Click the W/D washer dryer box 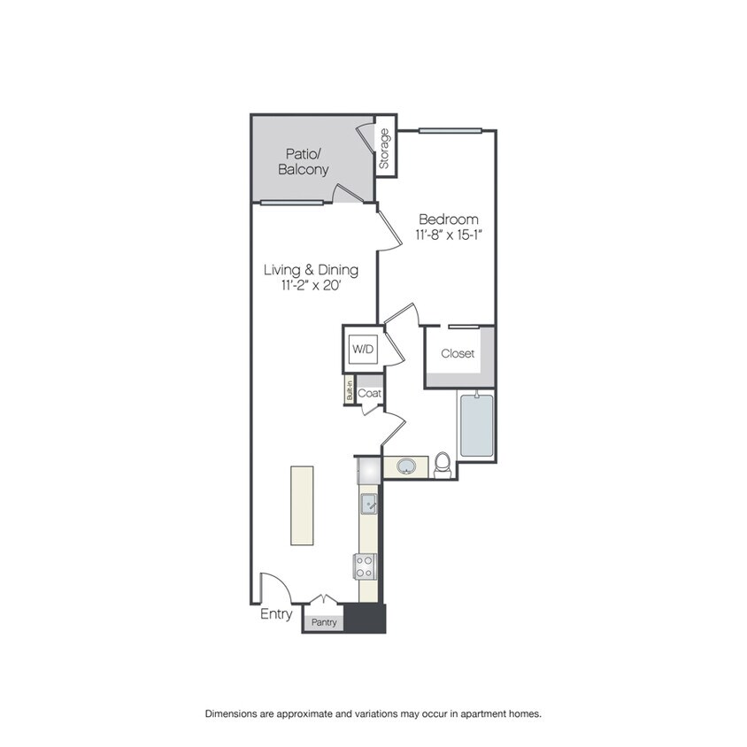point(363,350)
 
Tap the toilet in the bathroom point(443,465)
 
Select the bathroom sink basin point(406,466)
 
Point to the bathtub point(476,425)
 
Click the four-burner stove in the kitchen point(365,566)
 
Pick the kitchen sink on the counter point(368,504)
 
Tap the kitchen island point(302,505)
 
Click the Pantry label point(324,622)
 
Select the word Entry point(276,614)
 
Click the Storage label point(384,149)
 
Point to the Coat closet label point(369,393)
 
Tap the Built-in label point(350,389)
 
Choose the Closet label point(458,353)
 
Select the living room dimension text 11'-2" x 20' point(312,285)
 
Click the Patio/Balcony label point(304,161)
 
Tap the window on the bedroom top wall point(451,130)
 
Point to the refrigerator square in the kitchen point(369,470)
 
